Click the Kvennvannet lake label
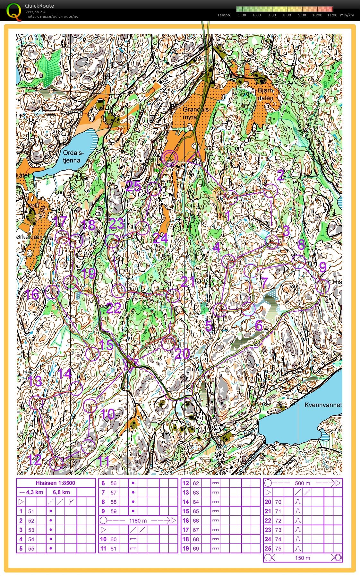pyautogui.click(x=323, y=405)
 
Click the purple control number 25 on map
pyautogui.click(x=133, y=186)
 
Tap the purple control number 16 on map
pyautogui.click(x=32, y=294)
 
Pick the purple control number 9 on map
pyautogui.click(x=323, y=267)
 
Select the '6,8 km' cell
pyautogui.click(x=61, y=492)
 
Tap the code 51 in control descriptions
pyautogui.click(x=31, y=511)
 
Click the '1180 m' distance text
pyautogui.click(x=138, y=520)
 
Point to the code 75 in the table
pyautogui.click(x=278, y=548)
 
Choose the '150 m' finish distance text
pyautogui.click(x=302, y=558)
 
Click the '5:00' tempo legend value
pyautogui.click(x=242, y=15)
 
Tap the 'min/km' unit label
pyautogui.click(x=347, y=15)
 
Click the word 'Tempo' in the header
pyautogui.click(x=224, y=15)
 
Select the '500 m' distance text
pyautogui.click(x=302, y=483)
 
